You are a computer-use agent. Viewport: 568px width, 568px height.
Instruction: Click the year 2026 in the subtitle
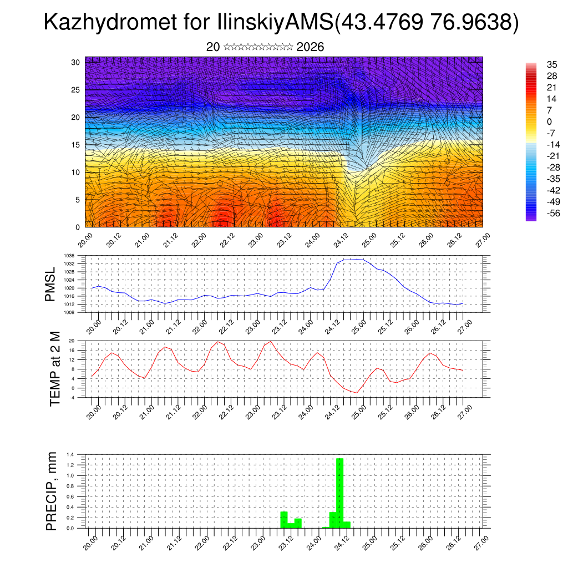pyautogui.click(x=310, y=47)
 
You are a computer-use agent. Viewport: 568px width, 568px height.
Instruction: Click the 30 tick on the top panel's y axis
pyautogui.click(x=76, y=62)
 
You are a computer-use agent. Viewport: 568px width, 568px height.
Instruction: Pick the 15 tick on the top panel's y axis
pyautogui.click(x=76, y=145)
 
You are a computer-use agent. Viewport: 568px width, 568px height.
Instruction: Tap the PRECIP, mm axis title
pyautogui.click(x=52, y=491)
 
